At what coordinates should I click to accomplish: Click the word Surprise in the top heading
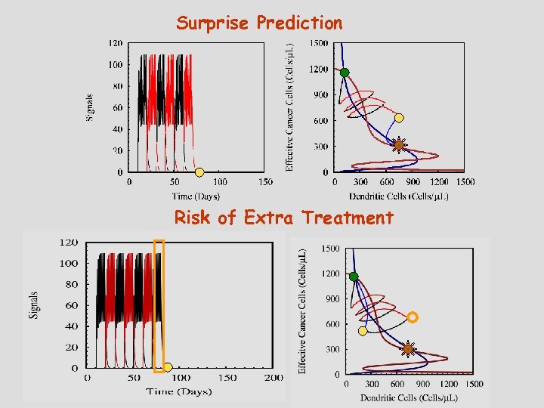pyautogui.click(x=213, y=23)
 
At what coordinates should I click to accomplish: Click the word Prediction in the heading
pyautogui.click(x=299, y=23)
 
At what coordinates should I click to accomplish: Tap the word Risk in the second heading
pyautogui.click(x=193, y=218)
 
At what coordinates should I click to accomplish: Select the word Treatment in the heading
pyautogui.click(x=348, y=218)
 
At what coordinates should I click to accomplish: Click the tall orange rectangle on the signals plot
pyautogui.click(x=159, y=306)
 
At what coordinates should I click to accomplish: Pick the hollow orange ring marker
pyautogui.click(x=413, y=317)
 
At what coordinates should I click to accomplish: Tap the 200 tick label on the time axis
pyautogui.click(x=274, y=378)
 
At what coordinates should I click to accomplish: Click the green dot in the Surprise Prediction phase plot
pyautogui.click(x=345, y=73)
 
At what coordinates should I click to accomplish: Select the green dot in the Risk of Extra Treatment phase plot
pyautogui.click(x=354, y=277)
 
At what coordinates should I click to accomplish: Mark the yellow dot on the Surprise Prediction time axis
pyautogui.click(x=199, y=172)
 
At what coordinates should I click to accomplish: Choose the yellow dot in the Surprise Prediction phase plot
pyautogui.click(x=399, y=118)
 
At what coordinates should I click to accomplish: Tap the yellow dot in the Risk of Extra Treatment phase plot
pyautogui.click(x=363, y=331)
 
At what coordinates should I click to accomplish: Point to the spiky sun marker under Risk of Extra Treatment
pyautogui.click(x=408, y=348)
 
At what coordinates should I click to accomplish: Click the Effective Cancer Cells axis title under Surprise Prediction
pyautogui.click(x=290, y=106)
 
